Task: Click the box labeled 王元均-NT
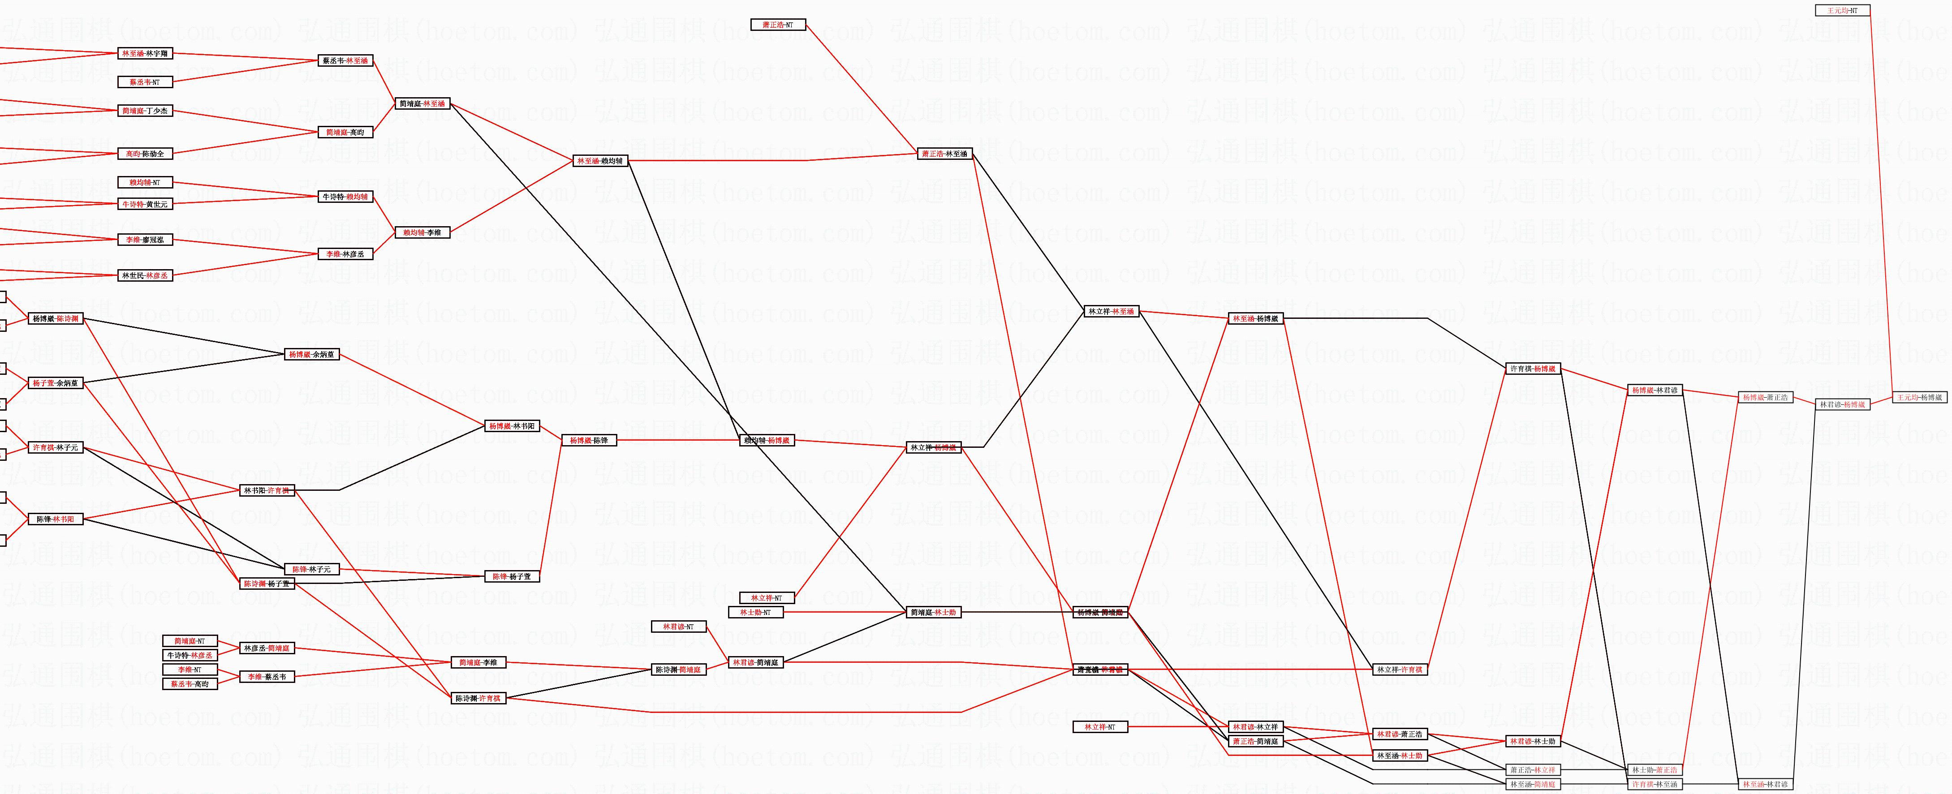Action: [x=1842, y=11]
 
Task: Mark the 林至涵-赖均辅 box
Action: [x=600, y=161]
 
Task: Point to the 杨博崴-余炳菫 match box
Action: [x=311, y=354]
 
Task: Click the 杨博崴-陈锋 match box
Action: [x=589, y=440]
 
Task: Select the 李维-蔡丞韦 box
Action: [x=267, y=677]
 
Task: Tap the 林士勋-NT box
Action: [x=755, y=612]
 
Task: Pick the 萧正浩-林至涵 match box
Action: [x=944, y=154]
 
